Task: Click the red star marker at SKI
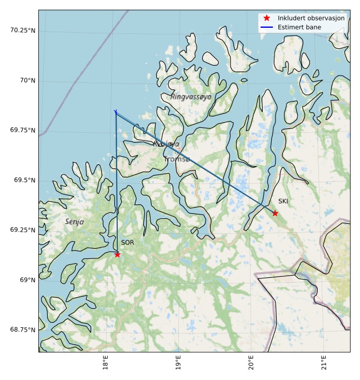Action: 275,213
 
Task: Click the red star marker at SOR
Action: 117,254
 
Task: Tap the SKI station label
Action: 283,201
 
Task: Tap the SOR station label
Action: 128,243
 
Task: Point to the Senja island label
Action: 74,222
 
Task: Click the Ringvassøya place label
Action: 191,97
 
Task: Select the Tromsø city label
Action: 177,159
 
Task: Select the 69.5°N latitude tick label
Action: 23,181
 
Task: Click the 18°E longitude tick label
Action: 106,363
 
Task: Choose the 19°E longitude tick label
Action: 178,363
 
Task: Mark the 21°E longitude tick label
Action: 324,363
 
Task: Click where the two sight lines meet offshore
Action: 116,112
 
